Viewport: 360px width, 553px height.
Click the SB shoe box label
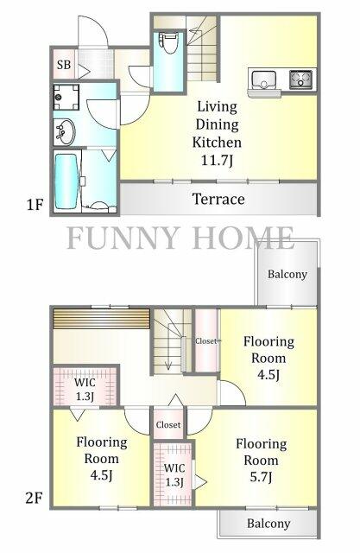point(64,65)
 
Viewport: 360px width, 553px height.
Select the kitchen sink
point(263,79)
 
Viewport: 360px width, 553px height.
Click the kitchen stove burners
point(300,79)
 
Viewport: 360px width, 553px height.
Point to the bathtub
point(66,181)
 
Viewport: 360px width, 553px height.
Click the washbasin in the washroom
point(64,132)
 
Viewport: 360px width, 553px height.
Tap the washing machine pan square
point(66,97)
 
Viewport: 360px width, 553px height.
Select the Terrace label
point(218,200)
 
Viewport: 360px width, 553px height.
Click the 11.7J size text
point(217,161)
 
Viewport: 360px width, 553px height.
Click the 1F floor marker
point(35,205)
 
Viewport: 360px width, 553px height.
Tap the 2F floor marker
point(35,499)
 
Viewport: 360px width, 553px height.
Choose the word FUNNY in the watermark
point(123,238)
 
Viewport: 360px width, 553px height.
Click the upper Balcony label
point(287,275)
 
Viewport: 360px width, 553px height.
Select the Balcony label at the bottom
point(268,524)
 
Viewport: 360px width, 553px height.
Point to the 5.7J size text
point(261,477)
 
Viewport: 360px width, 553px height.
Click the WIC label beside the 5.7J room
point(174,468)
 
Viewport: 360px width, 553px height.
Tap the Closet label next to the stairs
point(206,341)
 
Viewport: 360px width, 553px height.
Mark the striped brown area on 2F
point(102,319)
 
